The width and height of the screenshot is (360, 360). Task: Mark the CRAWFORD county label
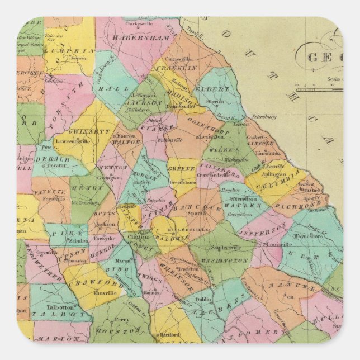tap(88, 283)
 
